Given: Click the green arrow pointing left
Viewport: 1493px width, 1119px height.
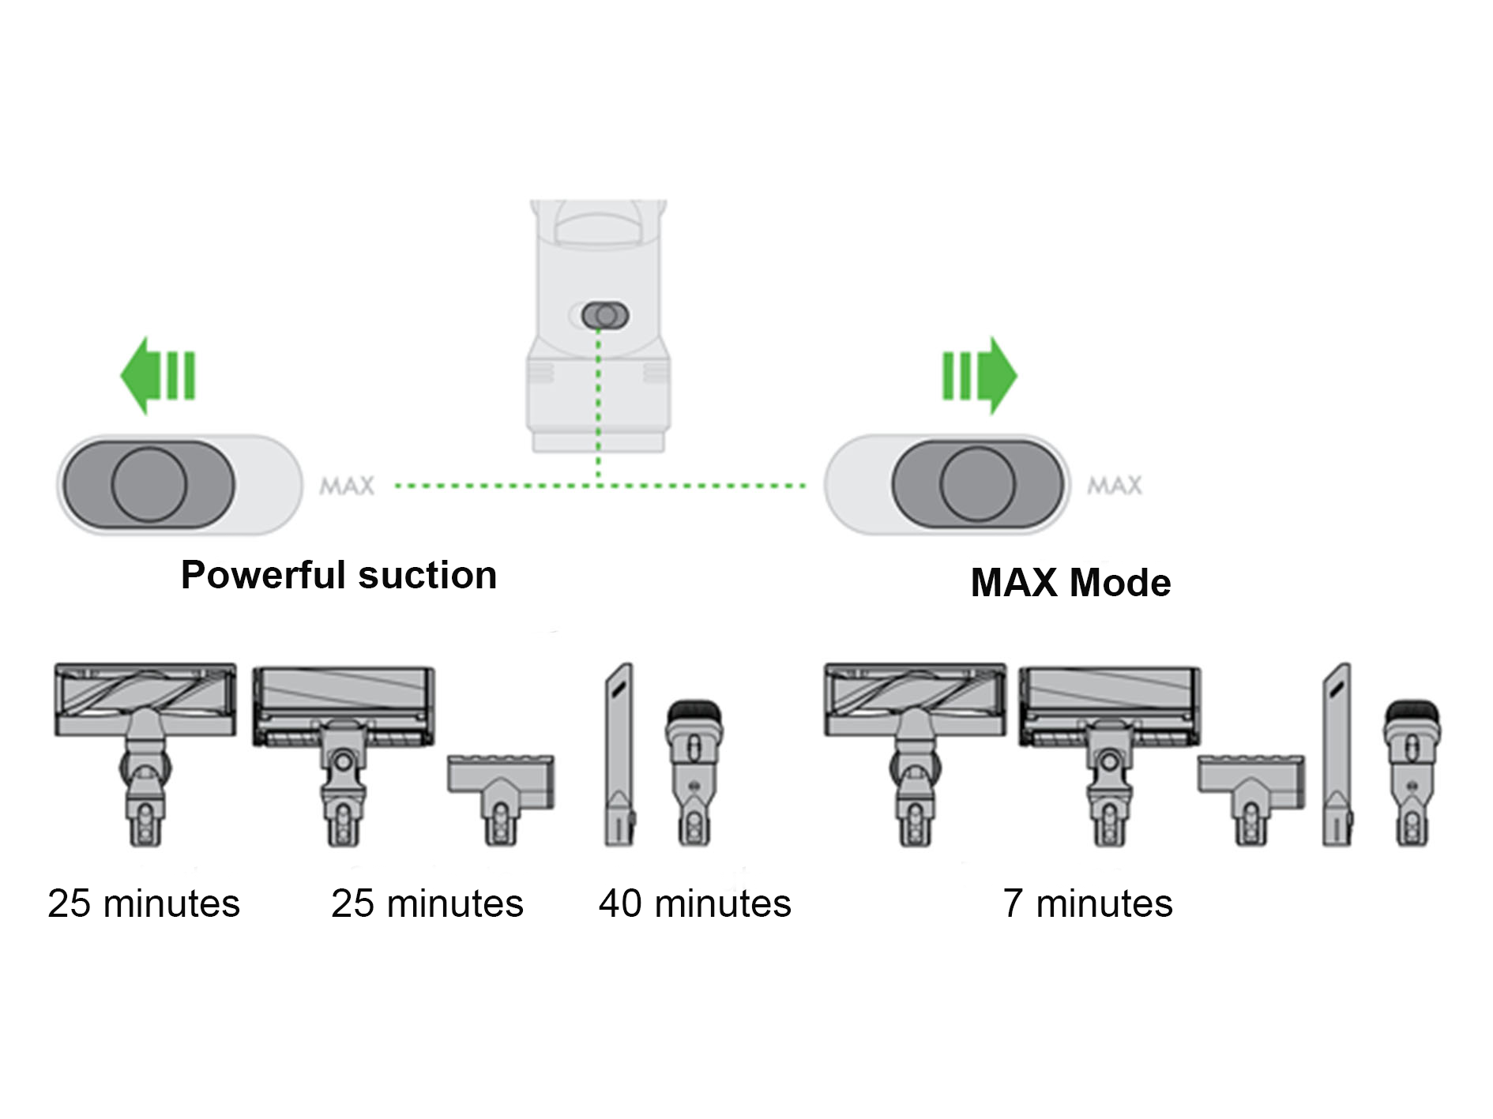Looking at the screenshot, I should click(x=157, y=376).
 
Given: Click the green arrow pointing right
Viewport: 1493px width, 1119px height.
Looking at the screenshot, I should click(x=979, y=376).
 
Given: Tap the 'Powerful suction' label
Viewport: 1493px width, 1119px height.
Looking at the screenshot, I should click(x=339, y=575).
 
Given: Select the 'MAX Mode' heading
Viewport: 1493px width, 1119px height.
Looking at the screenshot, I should click(x=1070, y=583).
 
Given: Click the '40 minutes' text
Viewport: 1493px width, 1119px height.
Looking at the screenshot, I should click(x=694, y=903).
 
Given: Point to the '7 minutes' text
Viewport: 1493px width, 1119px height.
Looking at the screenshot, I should click(x=1088, y=903).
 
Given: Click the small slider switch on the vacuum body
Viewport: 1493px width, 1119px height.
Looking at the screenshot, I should click(x=605, y=315).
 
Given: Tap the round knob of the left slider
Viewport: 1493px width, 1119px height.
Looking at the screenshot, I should click(x=149, y=484).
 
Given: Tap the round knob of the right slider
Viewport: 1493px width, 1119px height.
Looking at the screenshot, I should click(x=977, y=484).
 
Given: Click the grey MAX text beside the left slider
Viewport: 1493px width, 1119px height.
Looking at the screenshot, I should click(x=347, y=486).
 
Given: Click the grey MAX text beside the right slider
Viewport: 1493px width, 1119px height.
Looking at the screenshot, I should click(x=1115, y=486).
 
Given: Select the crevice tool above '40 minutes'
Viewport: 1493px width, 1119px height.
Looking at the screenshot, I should click(x=619, y=754).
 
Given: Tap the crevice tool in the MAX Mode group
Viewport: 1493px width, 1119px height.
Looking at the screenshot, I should click(x=1337, y=754).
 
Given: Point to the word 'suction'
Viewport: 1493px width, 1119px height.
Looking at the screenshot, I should click(x=427, y=575).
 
